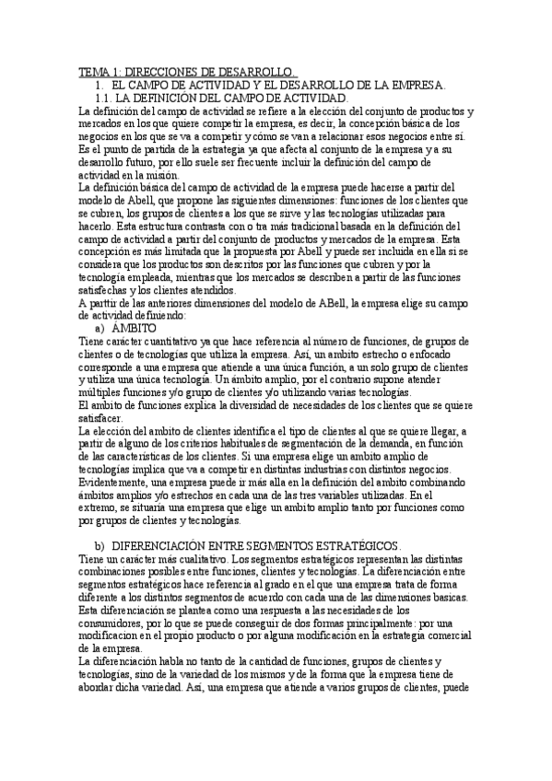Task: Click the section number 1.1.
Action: tap(105, 98)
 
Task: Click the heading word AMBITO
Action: tap(135, 301)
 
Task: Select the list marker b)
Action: tap(101, 546)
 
